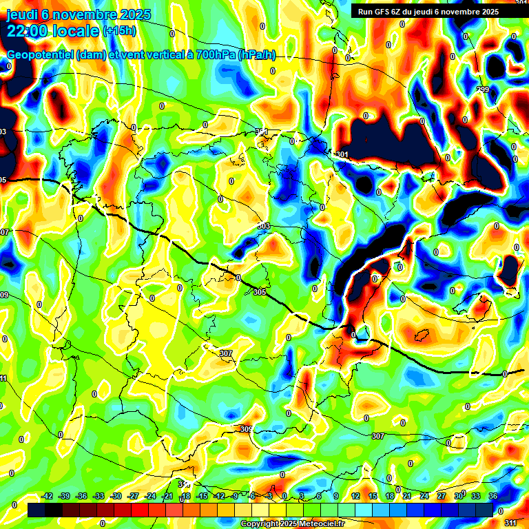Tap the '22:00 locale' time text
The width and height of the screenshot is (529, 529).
52,30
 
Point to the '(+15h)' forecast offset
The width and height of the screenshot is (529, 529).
119,31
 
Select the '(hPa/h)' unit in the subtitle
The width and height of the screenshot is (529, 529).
256,55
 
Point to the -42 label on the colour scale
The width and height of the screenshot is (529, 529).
48,496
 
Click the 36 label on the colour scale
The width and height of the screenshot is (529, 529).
493,496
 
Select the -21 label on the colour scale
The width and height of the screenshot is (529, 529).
167,496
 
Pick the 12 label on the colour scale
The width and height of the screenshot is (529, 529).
355,496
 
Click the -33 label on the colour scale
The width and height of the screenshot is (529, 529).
99,496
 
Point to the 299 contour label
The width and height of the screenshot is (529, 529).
483,90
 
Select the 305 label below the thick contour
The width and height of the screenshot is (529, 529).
259,293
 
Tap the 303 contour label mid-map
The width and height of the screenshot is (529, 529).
264,227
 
